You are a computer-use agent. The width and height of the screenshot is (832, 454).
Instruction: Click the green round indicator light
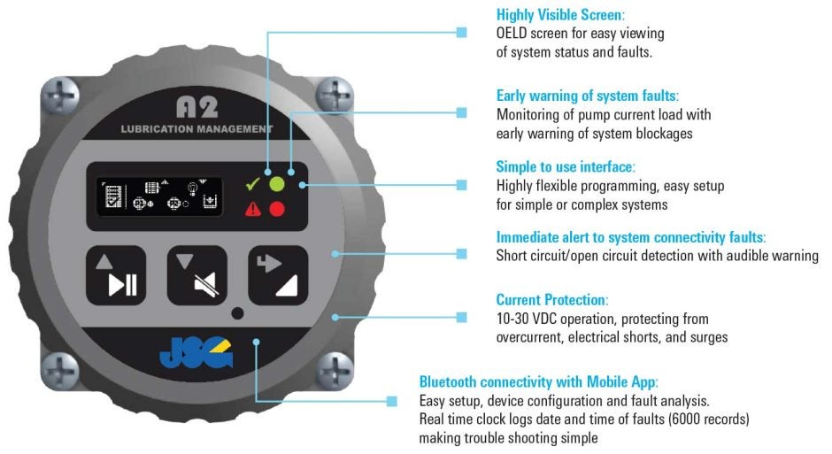277,185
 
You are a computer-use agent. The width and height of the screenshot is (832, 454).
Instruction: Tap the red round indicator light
277,209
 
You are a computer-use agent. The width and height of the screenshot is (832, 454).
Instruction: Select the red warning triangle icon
253,209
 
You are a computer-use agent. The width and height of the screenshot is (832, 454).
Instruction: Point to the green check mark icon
252,184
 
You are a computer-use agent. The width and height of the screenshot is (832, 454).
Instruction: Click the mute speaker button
196,275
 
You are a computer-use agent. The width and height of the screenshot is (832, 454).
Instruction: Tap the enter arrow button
278,275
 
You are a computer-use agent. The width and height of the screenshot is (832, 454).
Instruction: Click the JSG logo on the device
196,353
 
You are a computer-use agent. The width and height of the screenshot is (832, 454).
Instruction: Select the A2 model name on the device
196,108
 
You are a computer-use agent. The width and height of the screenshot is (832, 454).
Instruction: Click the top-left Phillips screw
60,96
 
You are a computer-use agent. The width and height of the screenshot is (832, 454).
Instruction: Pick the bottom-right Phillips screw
335,369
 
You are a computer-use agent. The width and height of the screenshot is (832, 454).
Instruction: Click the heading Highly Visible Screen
560,14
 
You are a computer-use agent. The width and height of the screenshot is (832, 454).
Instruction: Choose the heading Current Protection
551,300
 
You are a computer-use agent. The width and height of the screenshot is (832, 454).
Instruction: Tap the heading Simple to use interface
566,166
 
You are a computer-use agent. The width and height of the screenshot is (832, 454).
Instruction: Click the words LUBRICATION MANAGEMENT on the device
196,129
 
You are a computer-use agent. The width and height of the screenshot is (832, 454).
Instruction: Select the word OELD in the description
512,34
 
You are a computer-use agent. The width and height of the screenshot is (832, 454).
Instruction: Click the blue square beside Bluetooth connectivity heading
391,401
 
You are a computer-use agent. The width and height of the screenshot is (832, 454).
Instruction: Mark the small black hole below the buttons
238,313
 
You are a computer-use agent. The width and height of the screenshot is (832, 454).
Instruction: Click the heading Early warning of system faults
588,96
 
